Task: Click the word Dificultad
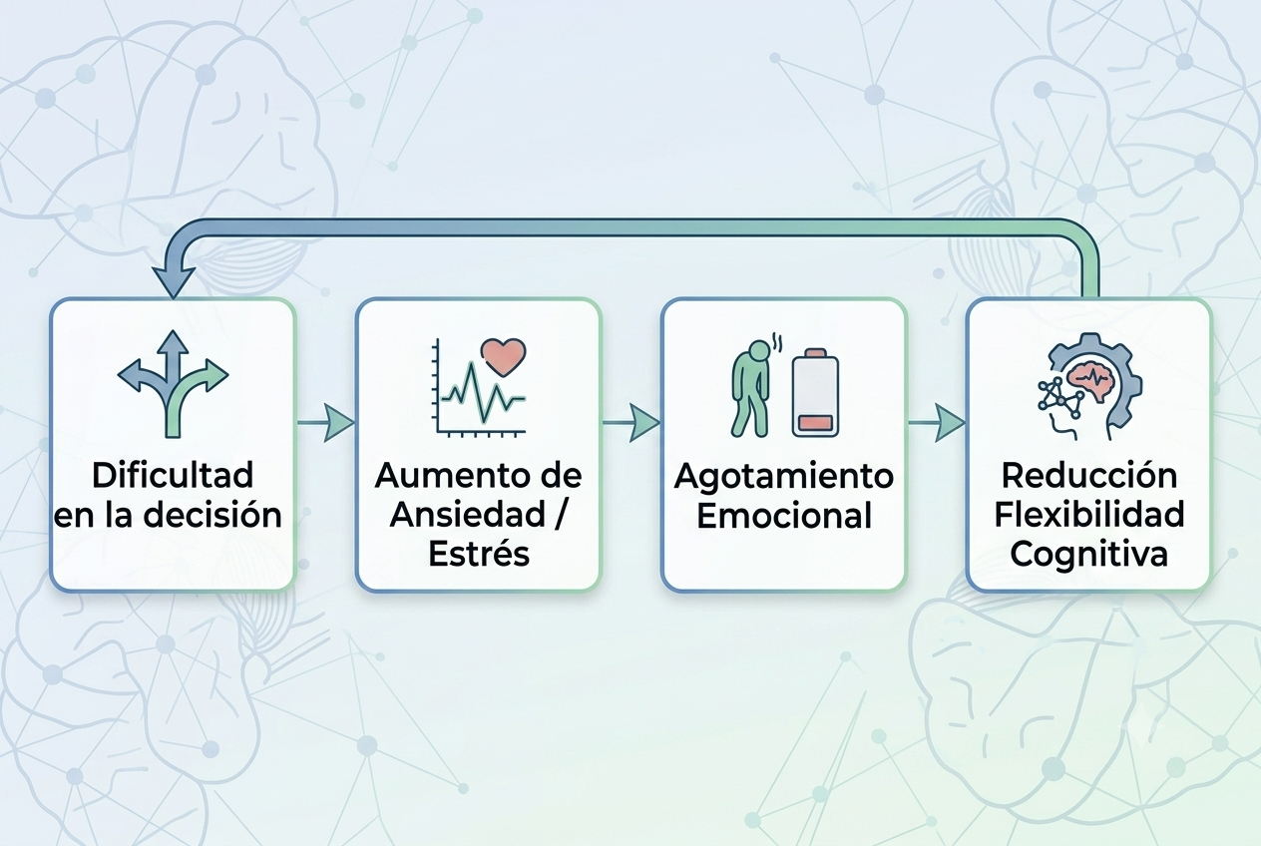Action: (x=173, y=476)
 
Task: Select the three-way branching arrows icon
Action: (x=173, y=384)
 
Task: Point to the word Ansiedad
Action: (x=468, y=515)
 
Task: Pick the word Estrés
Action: (x=479, y=554)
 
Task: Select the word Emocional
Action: (x=784, y=515)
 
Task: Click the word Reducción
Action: (x=1089, y=476)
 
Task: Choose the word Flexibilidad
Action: (x=1089, y=515)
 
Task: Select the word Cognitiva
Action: (x=1088, y=555)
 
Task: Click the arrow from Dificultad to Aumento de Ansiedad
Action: (x=326, y=422)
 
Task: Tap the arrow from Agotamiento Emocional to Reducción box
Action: (x=937, y=422)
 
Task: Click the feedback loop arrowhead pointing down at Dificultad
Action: (x=173, y=281)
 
